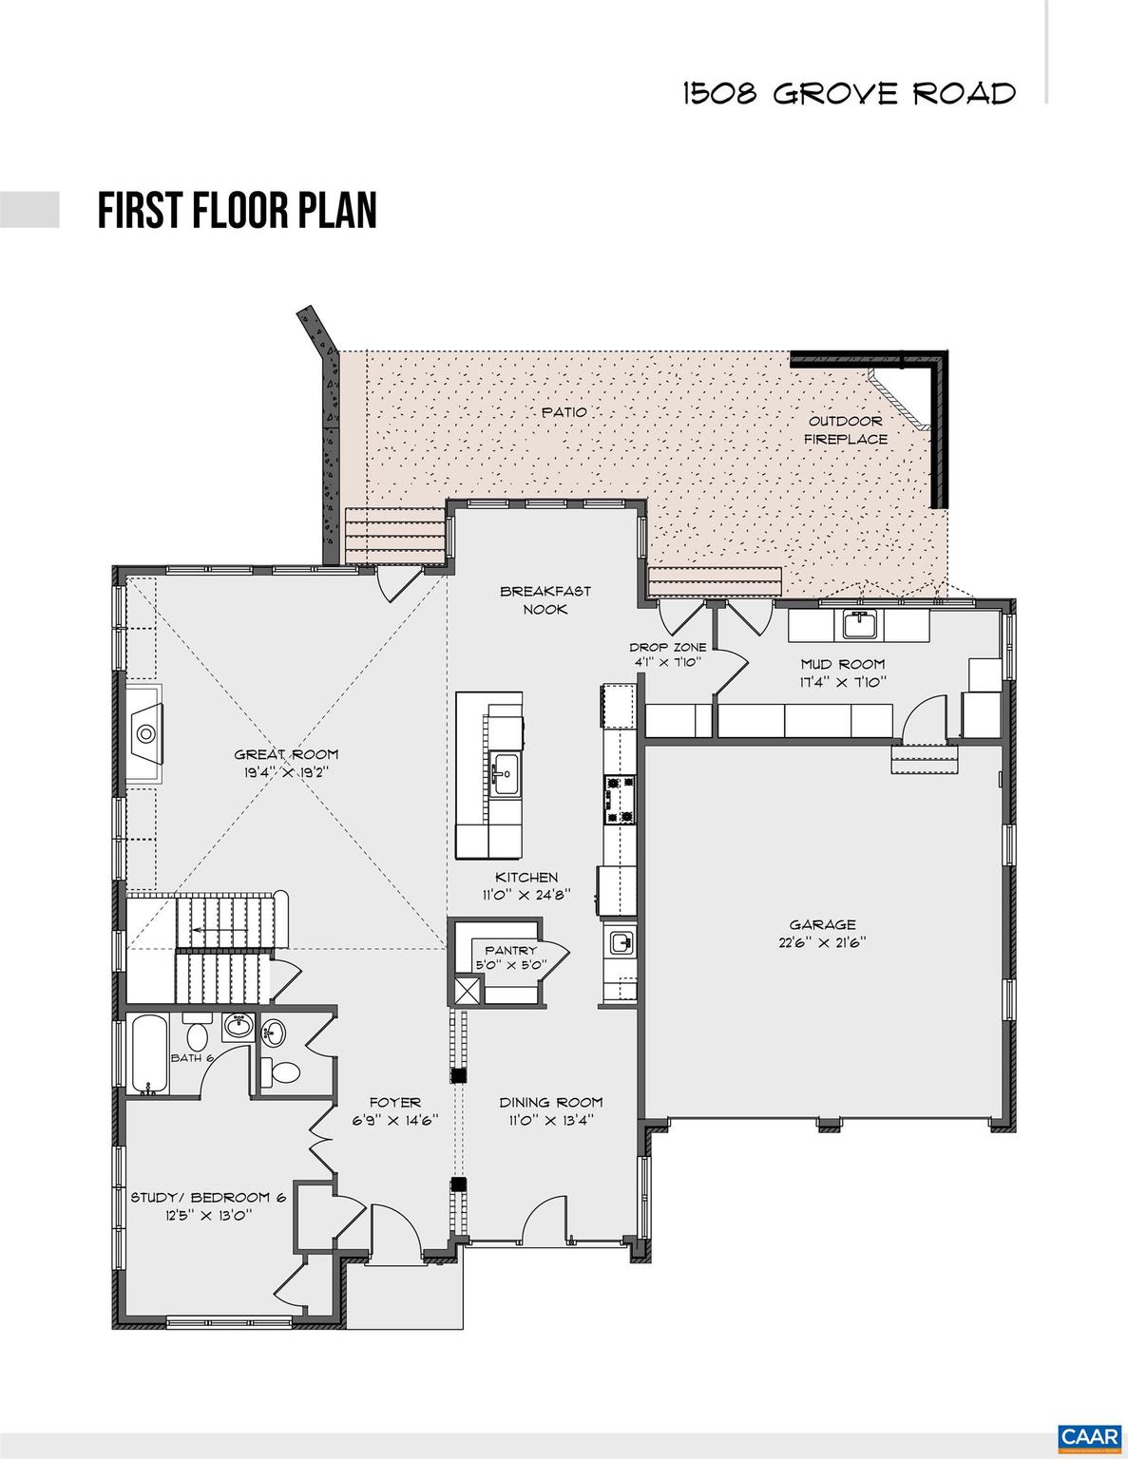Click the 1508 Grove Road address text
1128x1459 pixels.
pyautogui.click(x=849, y=93)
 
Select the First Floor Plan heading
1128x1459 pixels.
pyautogui.click(x=237, y=210)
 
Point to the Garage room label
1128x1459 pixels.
pyautogui.click(x=822, y=924)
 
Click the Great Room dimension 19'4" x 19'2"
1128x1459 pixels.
pyautogui.click(x=286, y=772)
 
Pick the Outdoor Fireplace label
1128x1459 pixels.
pyautogui.click(x=846, y=429)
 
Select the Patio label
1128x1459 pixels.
pyautogui.click(x=564, y=412)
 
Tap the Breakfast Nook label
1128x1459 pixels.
pyautogui.click(x=545, y=599)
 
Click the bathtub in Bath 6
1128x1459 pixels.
pyautogui.click(x=150, y=1054)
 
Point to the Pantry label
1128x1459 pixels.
pyautogui.click(x=510, y=950)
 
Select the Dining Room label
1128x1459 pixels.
pyautogui.click(x=551, y=1102)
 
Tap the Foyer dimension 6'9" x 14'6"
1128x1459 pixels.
pyautogui.click(x=395, y=1120)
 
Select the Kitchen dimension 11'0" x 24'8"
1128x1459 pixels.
pyautogui.click(x=526, y=895)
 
